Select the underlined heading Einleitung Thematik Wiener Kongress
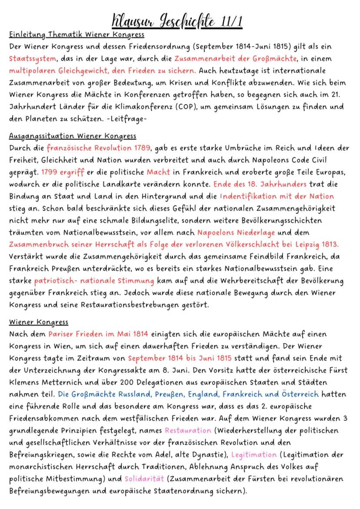pos(77,35)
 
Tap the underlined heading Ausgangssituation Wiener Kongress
pos(72,136)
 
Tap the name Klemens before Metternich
pos(25,382)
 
